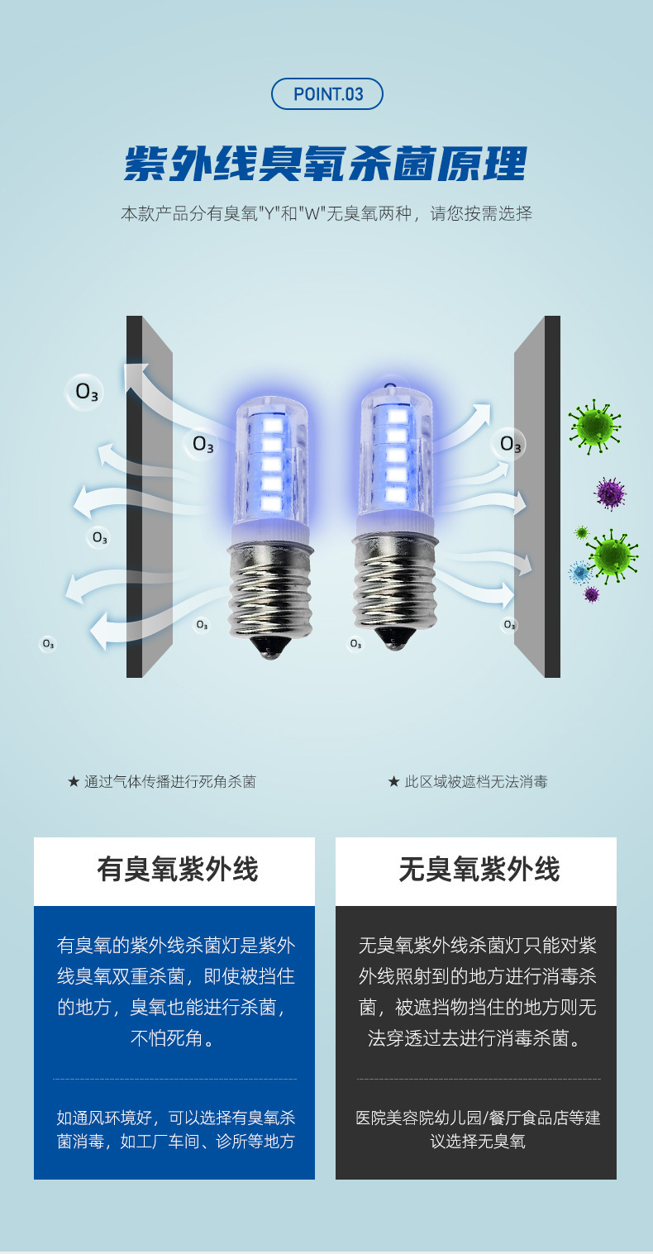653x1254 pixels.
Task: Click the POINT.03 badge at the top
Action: click(x=327, y=93)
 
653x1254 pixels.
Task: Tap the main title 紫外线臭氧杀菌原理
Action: click(x=325, y=164)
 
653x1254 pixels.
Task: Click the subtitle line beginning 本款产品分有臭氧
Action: click(x=326, y=214)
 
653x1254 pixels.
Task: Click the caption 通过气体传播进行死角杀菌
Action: click(x=162, y=781)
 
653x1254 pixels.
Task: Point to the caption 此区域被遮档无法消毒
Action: click(x=468, y=781)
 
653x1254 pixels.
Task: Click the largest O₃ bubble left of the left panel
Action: click(x=86, y=392)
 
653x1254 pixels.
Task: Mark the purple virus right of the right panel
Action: click(x=610, y=493)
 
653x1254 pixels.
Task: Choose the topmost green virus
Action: click(x=593, y=425)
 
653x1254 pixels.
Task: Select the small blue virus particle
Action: click(x=580, y=571)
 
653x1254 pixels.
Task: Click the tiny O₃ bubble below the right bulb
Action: click(x=355, y=643)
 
